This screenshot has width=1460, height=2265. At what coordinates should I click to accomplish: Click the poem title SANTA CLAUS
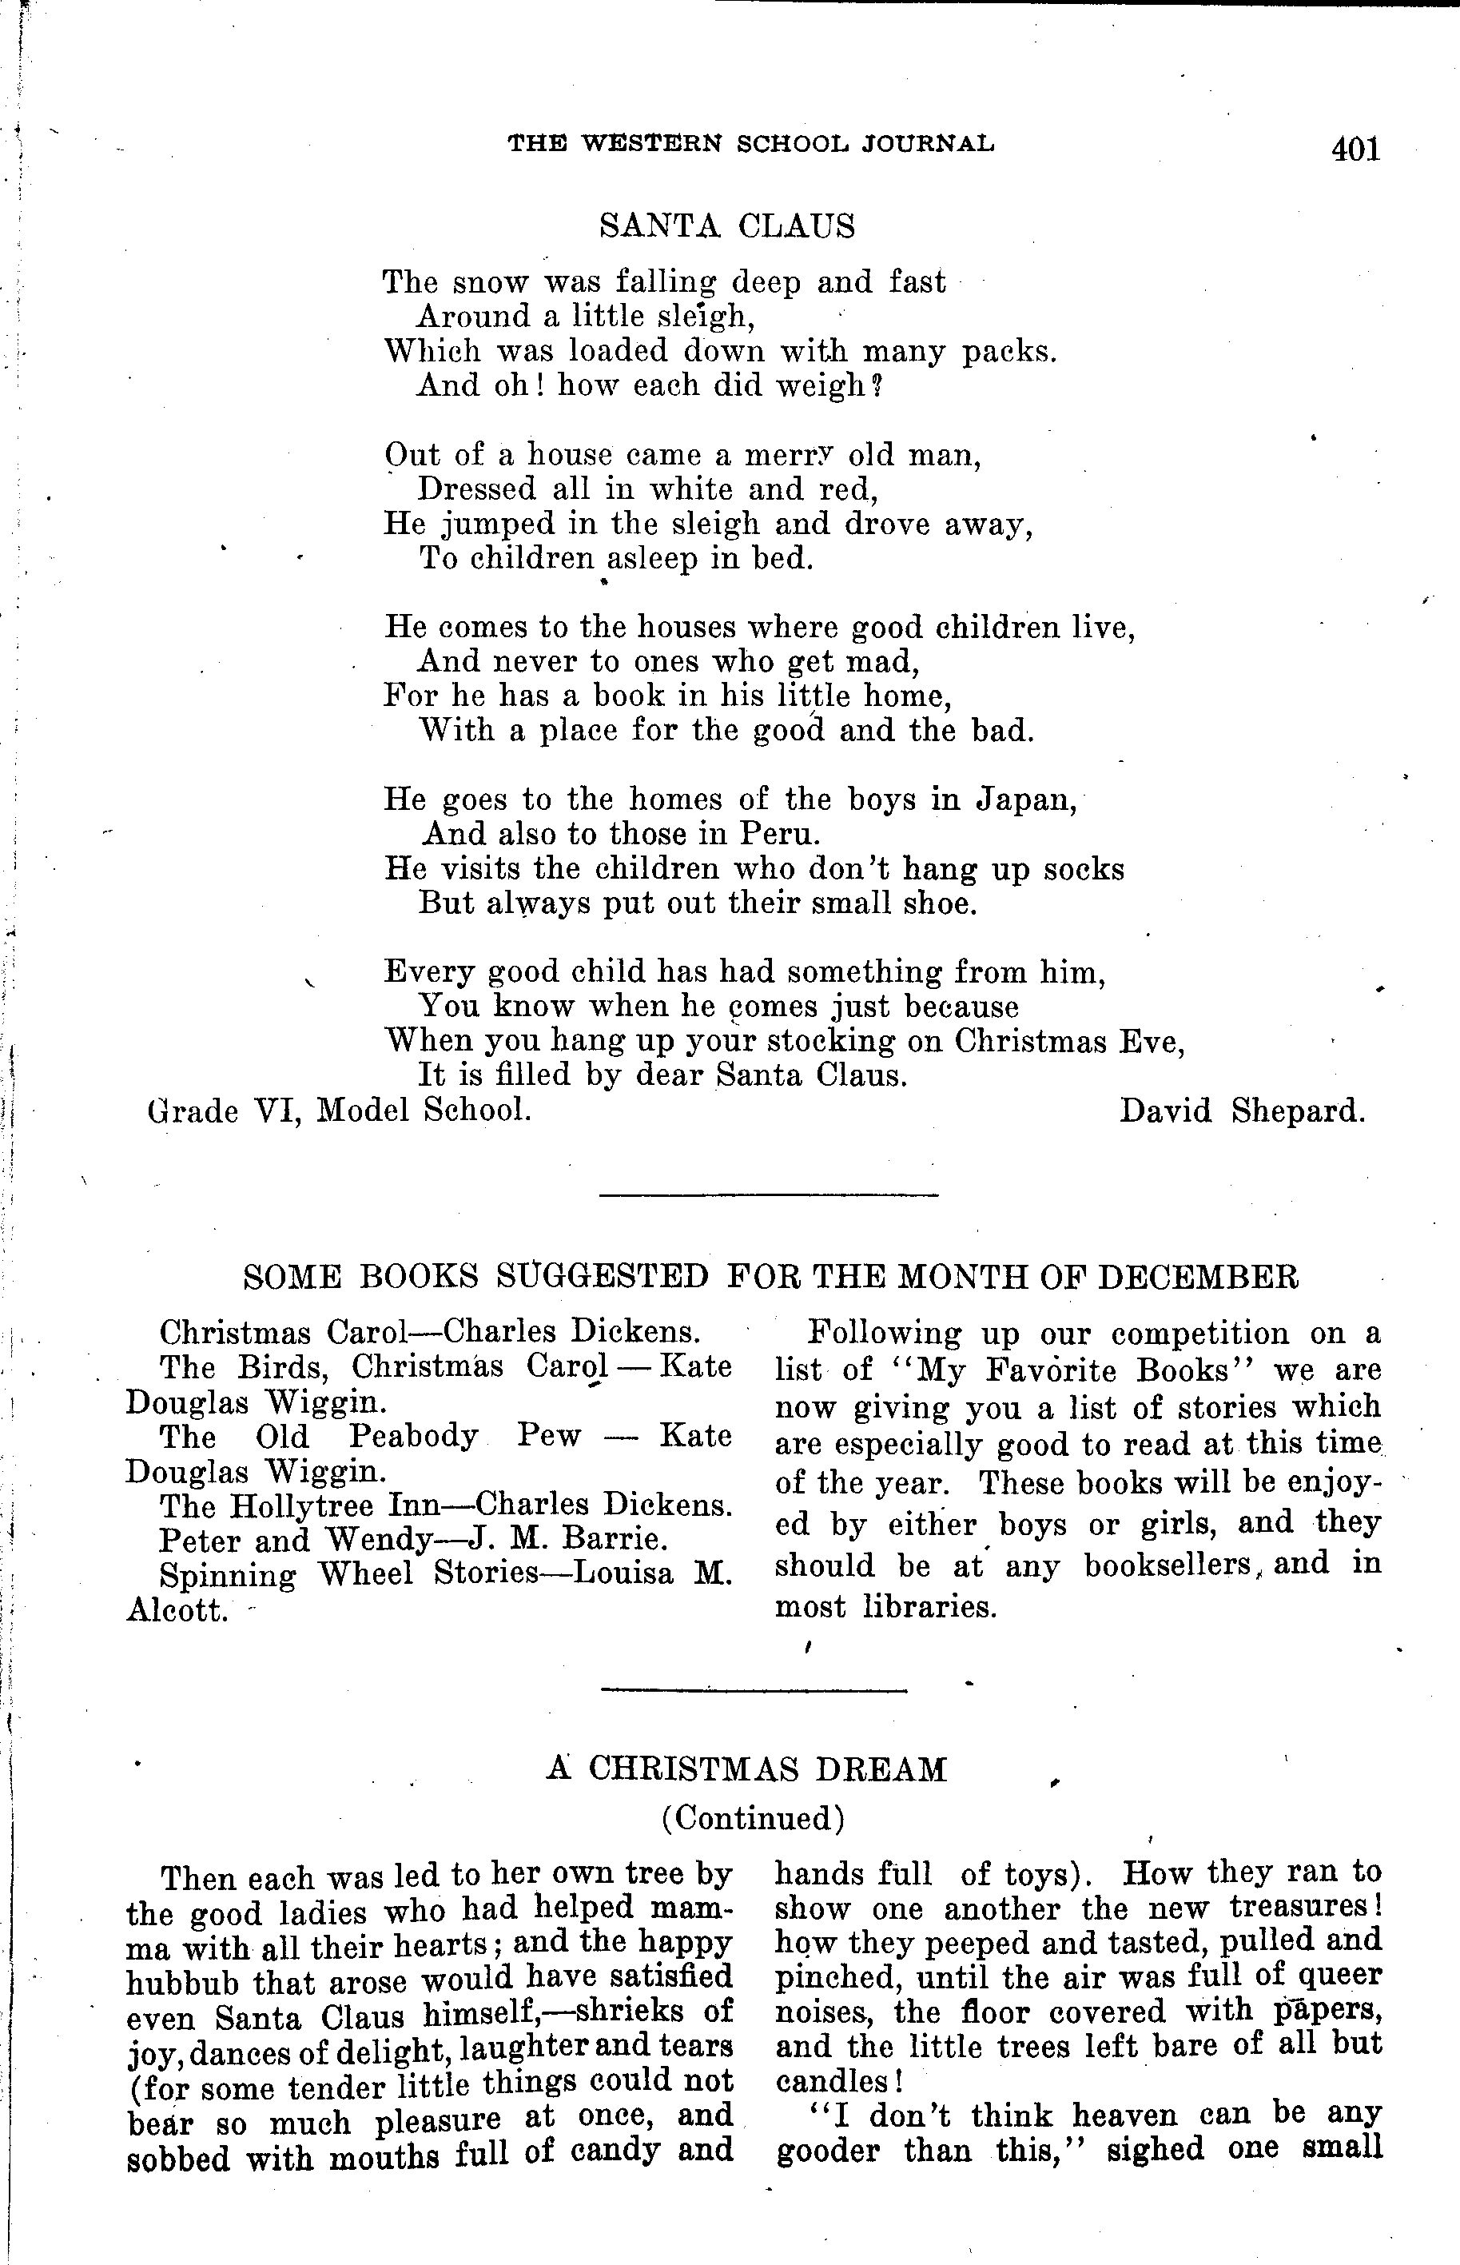point(727,225)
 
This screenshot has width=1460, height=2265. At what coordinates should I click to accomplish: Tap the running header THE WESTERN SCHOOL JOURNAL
point(751,143)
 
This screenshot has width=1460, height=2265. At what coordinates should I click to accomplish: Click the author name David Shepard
point(1242,1110)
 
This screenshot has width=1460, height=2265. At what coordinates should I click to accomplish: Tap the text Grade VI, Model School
point(340,1110)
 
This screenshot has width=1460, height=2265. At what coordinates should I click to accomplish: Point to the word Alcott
point(177,1609)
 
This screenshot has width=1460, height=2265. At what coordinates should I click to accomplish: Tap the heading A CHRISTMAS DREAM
point(746,1769)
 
